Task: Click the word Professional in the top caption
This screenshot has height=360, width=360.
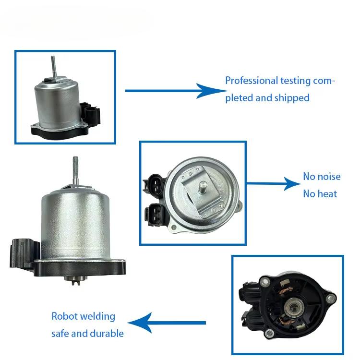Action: (251, 81)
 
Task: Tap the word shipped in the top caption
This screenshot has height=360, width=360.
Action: (292, 98)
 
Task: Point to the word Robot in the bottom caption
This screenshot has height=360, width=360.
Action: (65, 316)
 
